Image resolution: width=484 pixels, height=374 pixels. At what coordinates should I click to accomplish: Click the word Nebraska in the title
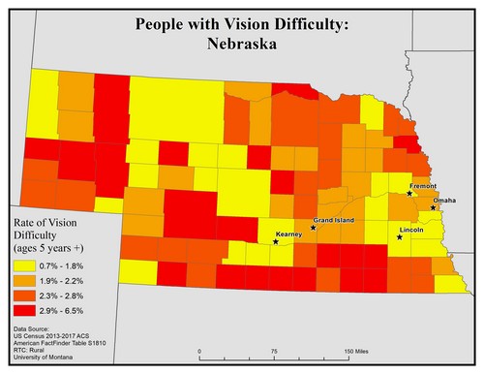click(241, 47)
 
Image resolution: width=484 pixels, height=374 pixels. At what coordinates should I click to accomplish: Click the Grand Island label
click(333, 220)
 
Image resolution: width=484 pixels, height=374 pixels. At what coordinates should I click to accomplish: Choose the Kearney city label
click(289, 234)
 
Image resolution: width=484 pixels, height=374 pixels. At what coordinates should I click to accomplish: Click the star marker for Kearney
click(277, 242)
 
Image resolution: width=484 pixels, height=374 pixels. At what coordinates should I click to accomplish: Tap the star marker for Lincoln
click(400, 236)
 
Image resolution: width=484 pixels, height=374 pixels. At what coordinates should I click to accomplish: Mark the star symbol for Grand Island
click(313, 229)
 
